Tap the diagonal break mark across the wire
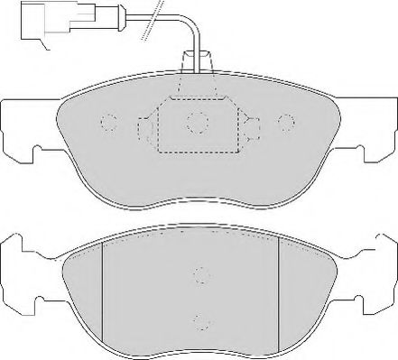151,13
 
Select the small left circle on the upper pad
108,122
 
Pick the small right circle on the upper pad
286,122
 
